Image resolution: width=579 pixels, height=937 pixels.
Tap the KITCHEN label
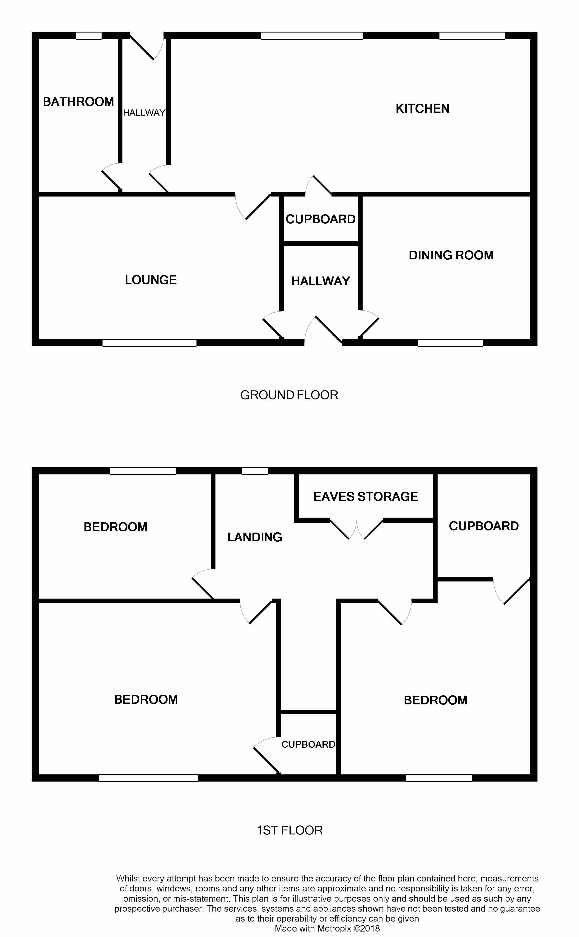(x=422, y=109)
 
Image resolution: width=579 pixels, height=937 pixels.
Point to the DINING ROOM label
(x=451, y=255)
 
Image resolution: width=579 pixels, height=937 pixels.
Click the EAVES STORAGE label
(x=365, y=497)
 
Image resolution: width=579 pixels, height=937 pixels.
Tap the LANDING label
(x=255, y=537)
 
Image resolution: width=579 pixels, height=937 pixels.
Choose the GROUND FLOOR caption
(x=289, y=395)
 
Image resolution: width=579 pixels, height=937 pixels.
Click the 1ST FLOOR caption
(x=289, y=830)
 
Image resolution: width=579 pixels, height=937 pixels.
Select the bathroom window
(x=89, y=36)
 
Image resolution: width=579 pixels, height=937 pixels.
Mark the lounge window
(x=149, y=343)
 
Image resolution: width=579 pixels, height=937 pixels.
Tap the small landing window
(x=255, y=471)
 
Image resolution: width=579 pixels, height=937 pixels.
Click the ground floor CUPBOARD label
(x=321, y=219)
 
